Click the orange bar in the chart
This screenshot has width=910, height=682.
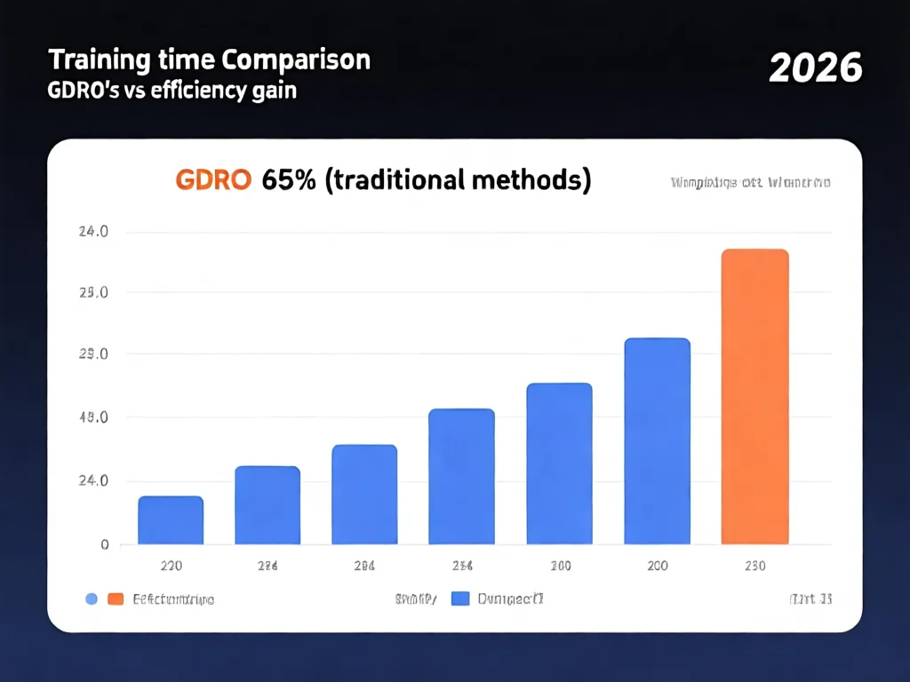pyautogui.click(x=754, y=397)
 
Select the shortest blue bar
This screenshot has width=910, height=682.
pyautogui.click(x=171, y=520)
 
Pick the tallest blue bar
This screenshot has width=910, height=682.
pyautogui.click(x=657, y=441)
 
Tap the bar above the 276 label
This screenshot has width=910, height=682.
pyautogui.click(x=267, y=505)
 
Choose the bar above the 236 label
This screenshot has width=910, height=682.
pyautogui.click(x=461, y=477)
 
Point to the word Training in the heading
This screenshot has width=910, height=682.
pyautogui.click(x=87, y=60)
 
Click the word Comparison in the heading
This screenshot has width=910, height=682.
pyautogui.click(x=296, y=60)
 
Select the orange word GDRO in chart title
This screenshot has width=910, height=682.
pyautogui.click(x=214, y=179)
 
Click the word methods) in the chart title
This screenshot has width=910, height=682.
pyautogui.click(x=539, y=179)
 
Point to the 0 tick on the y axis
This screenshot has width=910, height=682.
pyautogui.click(x=103, y=544)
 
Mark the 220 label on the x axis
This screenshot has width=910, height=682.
pyautogui.click(x=171, y=566)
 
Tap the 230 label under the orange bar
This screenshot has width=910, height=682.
pyautogui.click(x=754, y=566)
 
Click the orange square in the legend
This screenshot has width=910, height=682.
pyautogui.click(x=115, y=599)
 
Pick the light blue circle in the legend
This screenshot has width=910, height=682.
pyautogui.click(x=91, y=599)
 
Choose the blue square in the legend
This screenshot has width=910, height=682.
pyautogui.click(x=459, y=599)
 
